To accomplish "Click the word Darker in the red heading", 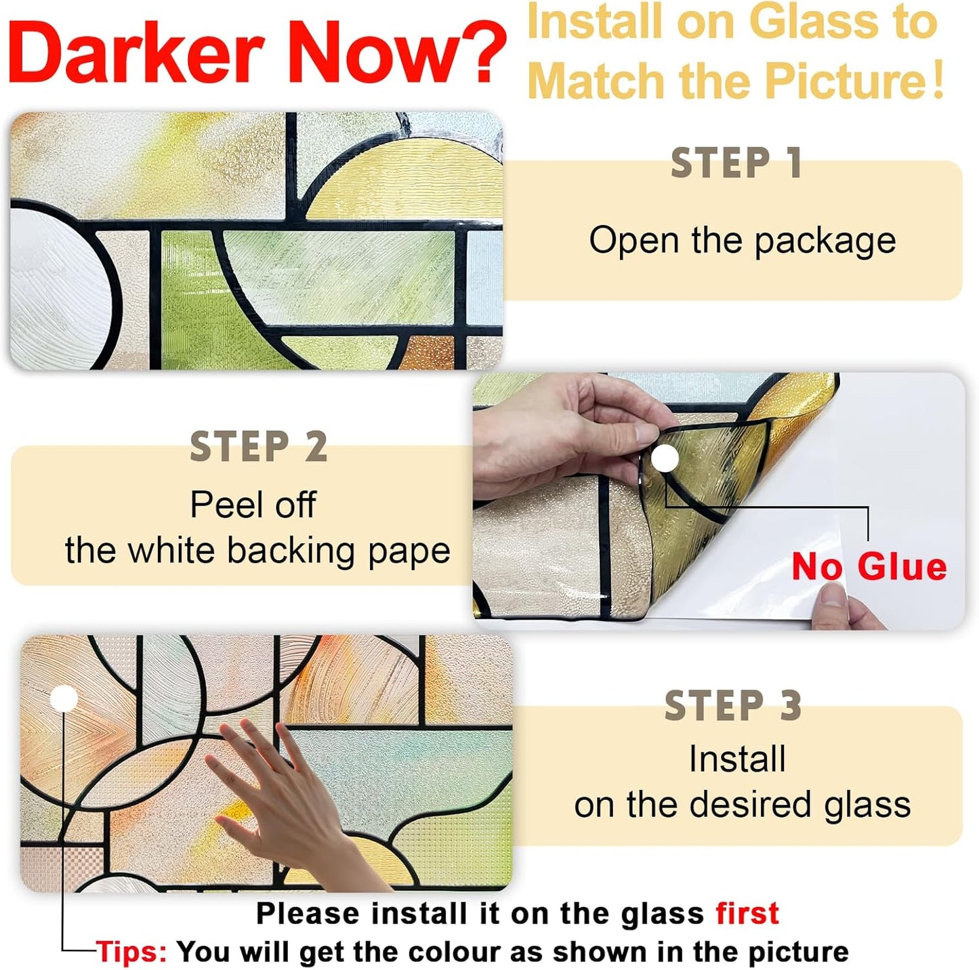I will coord(136,53).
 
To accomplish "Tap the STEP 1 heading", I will coord(736,163).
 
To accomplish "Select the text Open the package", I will coord(742,240).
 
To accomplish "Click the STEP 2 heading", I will coord(259,447).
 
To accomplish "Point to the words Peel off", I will coord(253,505).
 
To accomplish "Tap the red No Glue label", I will coord(869,566).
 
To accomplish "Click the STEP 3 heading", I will coord(733,706).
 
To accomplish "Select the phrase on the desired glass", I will coord(742,805).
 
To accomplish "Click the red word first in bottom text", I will coord(747,913).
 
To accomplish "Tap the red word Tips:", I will coord(131,952).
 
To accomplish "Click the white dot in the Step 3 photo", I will coord(64,698).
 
